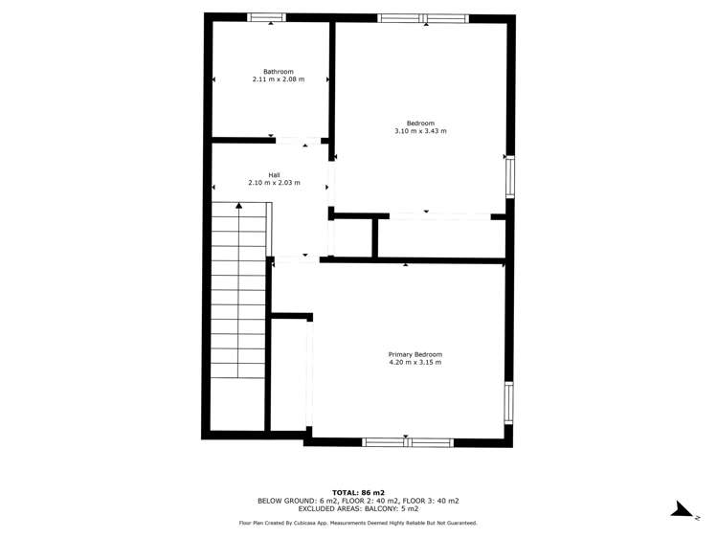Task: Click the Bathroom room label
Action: click(279, 72)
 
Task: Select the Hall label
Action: click(274, 175)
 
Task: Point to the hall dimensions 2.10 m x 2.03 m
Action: click(274, 183)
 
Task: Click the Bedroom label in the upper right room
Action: click(420, 123)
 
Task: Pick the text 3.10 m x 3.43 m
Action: click(420, 131)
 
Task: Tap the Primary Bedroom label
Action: click(415, 355)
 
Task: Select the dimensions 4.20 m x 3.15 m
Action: click(415, 363)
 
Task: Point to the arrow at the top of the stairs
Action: click(238, 206)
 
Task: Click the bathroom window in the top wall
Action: click(267, 17)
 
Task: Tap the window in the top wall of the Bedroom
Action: click(422, 18)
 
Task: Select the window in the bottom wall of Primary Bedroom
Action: click(407, 442)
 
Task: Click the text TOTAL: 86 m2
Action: click(358, 491)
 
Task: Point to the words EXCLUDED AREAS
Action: click(302, 509)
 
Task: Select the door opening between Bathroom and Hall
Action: click(298, 142)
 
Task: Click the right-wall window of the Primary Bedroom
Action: click(508, 402)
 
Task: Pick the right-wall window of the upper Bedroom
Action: click(509, 176)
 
